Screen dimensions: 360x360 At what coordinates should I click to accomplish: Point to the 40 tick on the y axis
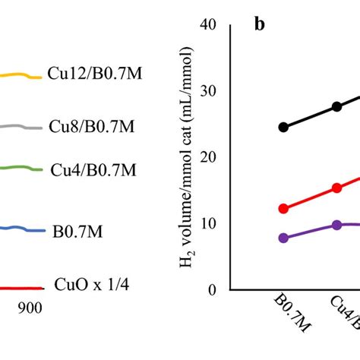tap(210, 24)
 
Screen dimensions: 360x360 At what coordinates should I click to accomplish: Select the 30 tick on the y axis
tap(210, 90)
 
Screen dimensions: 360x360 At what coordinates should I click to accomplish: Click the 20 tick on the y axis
tap(210, 156)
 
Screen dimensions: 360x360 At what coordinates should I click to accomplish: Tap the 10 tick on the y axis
tap(210, 223)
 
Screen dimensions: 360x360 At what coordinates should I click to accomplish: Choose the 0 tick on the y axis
tap(213, 289)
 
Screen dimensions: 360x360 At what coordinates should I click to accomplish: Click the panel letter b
tap(260, 25)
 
